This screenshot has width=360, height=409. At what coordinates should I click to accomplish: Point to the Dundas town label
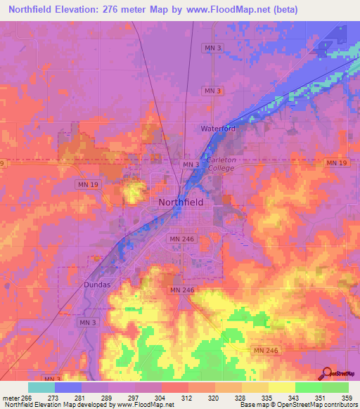click(97, 286)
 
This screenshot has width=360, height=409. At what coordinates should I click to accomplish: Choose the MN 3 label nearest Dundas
click(88, 322)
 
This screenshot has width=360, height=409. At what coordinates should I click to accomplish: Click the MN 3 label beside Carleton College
click(191, 164)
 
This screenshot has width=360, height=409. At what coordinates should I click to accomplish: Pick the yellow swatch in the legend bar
click(281, 387)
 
